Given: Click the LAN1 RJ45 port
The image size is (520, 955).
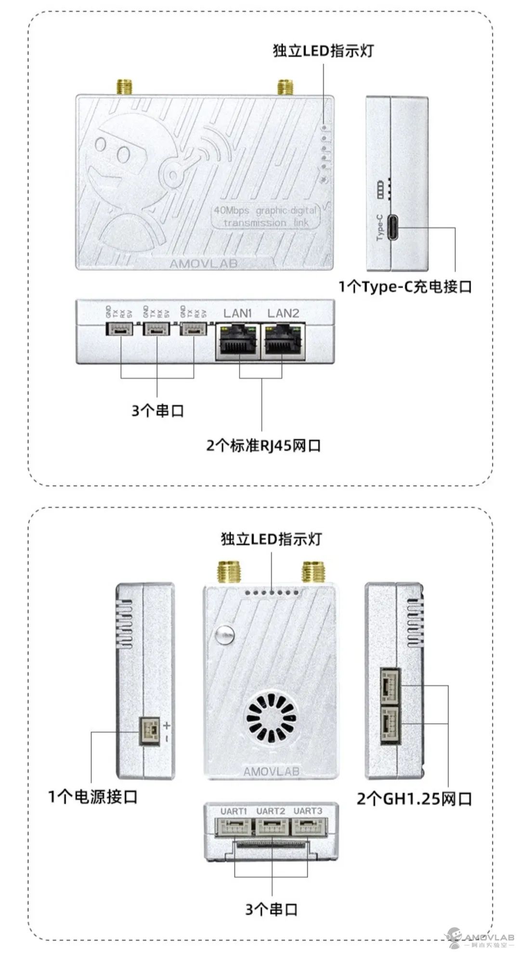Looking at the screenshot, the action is pos(238,341).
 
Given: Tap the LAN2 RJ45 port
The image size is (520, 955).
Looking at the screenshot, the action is pos(283,341).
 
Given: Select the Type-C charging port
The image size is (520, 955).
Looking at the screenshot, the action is pos(388,227).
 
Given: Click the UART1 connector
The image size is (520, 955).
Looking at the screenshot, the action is pos(234,827).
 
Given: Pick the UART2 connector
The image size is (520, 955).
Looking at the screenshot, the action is pos(271,827).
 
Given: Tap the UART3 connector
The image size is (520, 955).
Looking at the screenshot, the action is pos(308,827).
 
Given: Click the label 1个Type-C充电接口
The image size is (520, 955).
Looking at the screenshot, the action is pos(404,287).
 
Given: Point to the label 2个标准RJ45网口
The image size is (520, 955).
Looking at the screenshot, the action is pos(263,445).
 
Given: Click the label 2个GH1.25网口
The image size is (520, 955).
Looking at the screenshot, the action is pos(414,799).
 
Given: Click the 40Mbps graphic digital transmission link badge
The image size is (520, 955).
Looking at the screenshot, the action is pos(265,216).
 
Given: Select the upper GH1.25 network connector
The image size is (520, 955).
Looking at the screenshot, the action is pos(390,686).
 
